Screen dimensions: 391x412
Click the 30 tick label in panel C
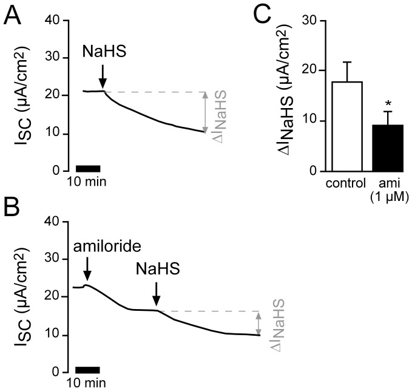(309, 20)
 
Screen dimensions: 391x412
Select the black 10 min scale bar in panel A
(88, 168)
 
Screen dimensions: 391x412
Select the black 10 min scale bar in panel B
(88, 369)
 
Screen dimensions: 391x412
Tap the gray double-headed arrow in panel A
(205, 112)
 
